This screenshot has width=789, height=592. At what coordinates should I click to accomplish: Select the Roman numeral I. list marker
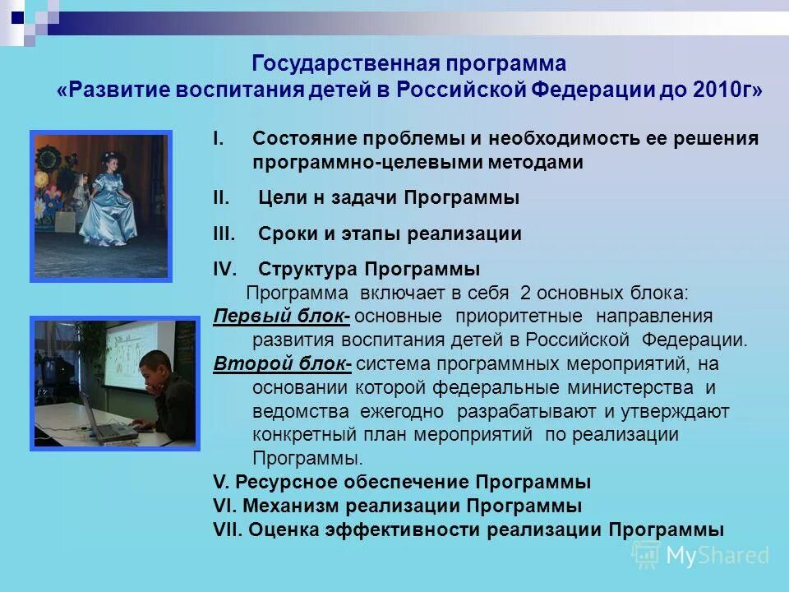tap(218, 139)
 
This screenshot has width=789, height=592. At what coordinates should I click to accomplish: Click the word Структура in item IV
tap(308, 270)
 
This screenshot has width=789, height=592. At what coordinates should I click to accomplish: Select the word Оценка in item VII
tap(282, 530)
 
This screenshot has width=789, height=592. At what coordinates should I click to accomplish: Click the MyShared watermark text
tap(716, 555)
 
